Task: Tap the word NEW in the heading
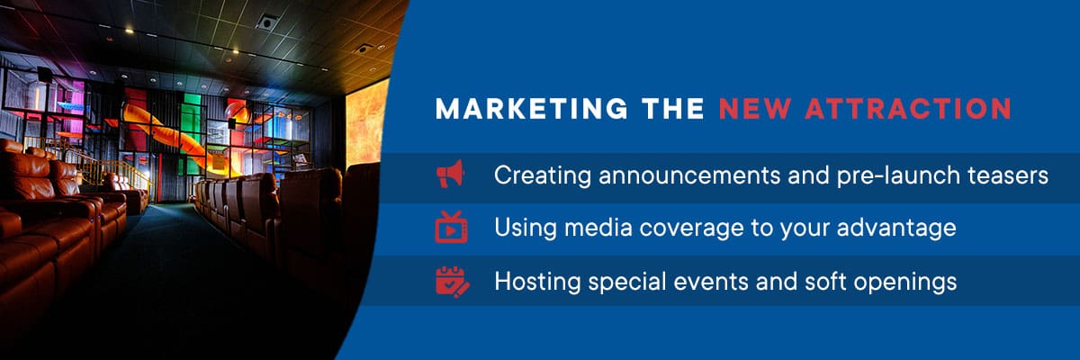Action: click(x=755, y=108)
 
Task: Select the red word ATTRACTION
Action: click(x=908, y=108)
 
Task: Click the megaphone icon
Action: click(x=451, y=174)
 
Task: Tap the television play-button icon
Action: click(x=451, y=227)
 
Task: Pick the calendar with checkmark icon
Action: click(x=452, y=282)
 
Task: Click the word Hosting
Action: click(x=537, y=282)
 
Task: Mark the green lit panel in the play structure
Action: click(x=192, y=130)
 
